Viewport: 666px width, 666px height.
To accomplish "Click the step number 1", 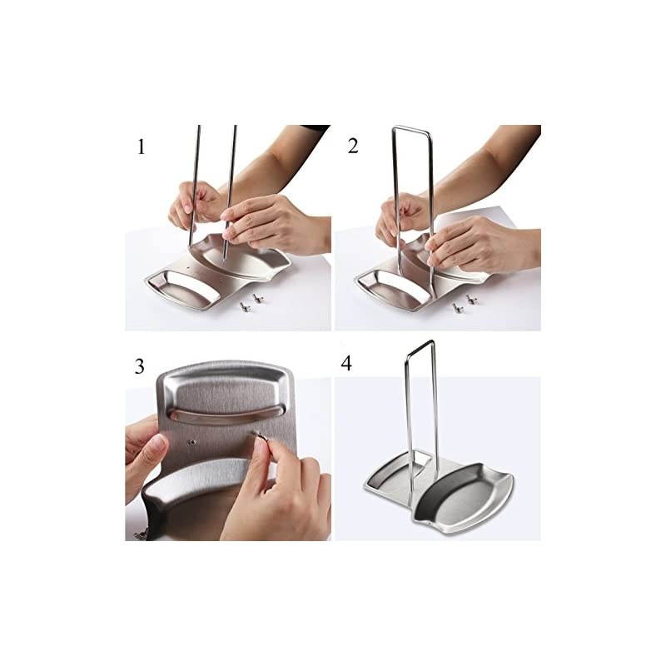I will [142, 148].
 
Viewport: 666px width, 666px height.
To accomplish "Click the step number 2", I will [353, 147].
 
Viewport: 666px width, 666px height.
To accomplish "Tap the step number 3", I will [140, 367].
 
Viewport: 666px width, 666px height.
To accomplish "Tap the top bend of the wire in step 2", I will [411, 130].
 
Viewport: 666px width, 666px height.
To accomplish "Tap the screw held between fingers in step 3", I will [259, 436].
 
